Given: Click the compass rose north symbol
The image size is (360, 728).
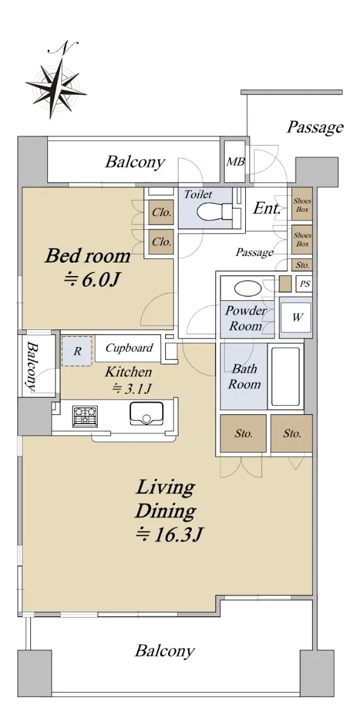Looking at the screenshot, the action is pyautogui.click(x=56, y=83).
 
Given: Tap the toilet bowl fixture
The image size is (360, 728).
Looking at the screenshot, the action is pyautogui.click(x=214, y=211).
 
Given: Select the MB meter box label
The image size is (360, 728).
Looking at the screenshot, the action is pyautogui.click(x=236, y=161).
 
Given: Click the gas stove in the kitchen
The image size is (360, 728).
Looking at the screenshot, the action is pyautogui.click(x=85, y=416).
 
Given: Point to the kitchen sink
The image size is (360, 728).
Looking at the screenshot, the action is pyautogui.click(x=146, y=413).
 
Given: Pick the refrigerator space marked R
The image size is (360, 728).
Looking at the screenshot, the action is pyautogui.click(x=77, y=351).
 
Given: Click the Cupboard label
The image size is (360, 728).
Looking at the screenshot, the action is pyautogui.click(x=129, y=348).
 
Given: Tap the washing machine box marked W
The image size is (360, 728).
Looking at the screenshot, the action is pyautogui.click(x=296, y=317).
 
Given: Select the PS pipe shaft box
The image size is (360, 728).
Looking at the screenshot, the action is pyautogui.click(x=304, y=284).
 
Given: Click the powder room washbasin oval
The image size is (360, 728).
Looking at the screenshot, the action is pyautogui.click(x=248, y=289).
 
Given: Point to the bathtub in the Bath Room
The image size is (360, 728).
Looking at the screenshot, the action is pyautogui.click(x=285, y=377).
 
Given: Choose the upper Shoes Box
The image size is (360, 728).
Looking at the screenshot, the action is pyautogui.click(x=302, y=205).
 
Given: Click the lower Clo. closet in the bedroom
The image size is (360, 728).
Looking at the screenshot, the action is pyautogui.click(x=161, y=242).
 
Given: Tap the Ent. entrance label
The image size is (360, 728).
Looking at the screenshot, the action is pyautogui.click(x=267, y=208).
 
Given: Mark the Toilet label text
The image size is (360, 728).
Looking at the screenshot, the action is pyautogui.click(x=198, y=194).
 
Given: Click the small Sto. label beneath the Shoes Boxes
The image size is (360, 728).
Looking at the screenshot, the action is pyautogui.click(x=302, y=265).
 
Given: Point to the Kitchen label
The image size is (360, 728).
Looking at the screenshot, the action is pyautogui.click(x=129, y=372).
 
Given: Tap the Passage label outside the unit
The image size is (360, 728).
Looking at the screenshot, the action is pyautogui.click(x=315, y=128).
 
